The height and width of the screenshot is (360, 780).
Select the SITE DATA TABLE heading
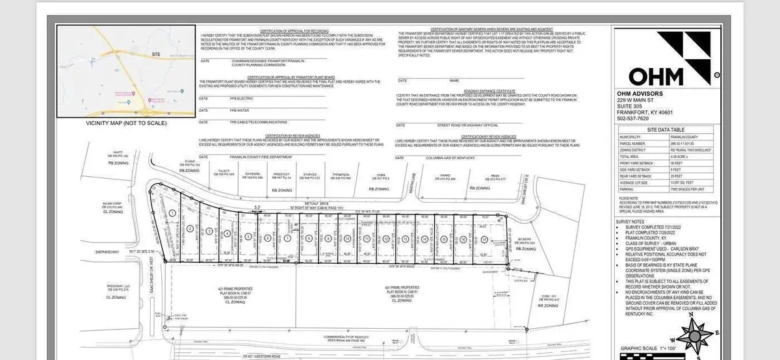tap(666, 130)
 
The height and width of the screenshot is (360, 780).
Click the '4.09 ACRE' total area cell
tap(689, 157)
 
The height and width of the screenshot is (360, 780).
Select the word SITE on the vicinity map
tap(155, 54)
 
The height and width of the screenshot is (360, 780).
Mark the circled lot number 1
tap(172, 212)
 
